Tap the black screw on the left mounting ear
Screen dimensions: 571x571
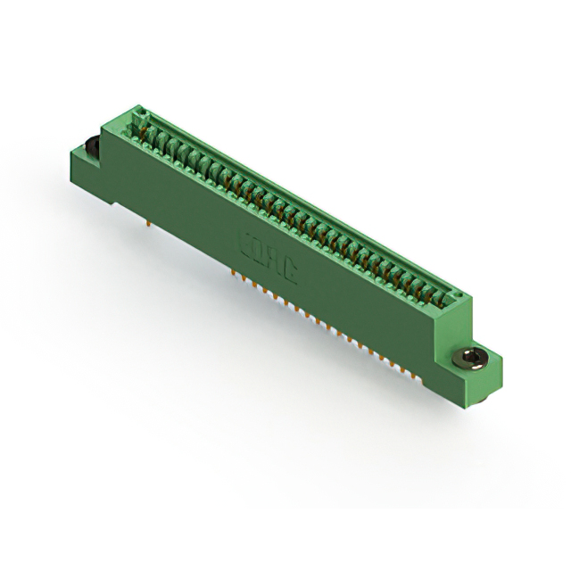tap(92, 146)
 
